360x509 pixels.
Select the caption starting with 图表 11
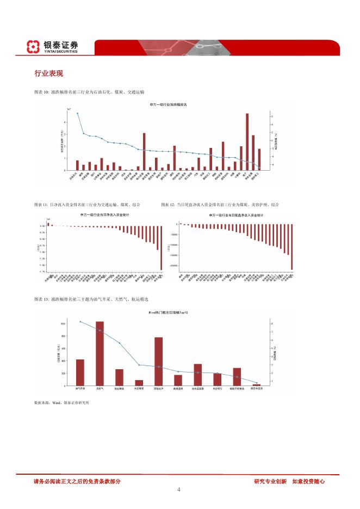coord(87,204)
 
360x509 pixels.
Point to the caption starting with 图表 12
coord(220,204)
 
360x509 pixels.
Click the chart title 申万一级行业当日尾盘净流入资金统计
coord(236,215)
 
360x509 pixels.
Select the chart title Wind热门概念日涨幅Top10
coord(168,313)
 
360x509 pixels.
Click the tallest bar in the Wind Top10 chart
coord(100,353)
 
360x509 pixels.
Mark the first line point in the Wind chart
coord(80,321)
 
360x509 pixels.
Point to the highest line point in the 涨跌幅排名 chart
coord(77,113)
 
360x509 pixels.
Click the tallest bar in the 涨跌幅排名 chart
coord(247,142)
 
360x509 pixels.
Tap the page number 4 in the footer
coord(179,489)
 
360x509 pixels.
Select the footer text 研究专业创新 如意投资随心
coord(289,481)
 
